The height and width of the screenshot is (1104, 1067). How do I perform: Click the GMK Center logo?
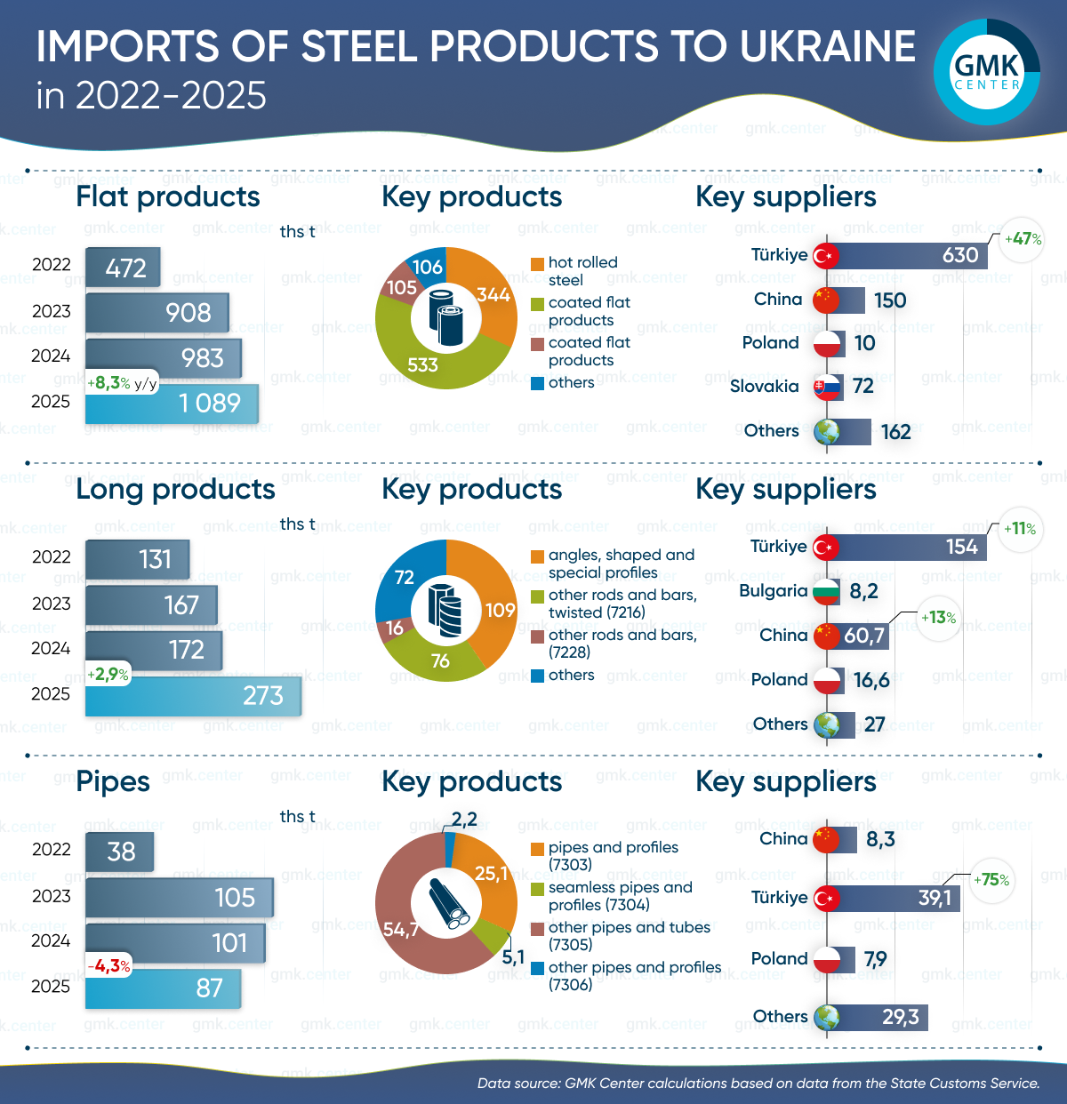[987, 71]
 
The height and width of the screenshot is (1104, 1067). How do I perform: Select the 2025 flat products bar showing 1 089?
[172, 404]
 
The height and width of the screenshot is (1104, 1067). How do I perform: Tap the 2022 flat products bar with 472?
[123, 267]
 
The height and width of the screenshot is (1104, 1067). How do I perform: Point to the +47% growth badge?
[1022, 239]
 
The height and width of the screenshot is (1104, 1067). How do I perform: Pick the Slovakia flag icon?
[828, 387]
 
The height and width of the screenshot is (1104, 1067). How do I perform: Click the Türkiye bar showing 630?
[907, 255]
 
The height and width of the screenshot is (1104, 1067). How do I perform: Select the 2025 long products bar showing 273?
[193, 696]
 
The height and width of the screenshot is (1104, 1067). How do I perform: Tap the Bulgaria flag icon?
[827, 591]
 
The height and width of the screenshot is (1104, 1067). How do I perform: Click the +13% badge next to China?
[938, 618]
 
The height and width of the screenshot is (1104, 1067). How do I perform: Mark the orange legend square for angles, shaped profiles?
[537, 556]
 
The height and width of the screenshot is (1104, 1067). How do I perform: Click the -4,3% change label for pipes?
[109, 965]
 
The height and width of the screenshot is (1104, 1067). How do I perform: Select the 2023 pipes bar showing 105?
[179, 898]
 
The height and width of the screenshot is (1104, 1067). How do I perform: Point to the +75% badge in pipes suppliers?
[991, 880]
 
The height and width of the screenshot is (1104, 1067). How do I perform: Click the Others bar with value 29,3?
[880, 1017]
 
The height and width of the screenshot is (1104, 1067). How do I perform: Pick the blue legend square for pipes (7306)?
[537, 968]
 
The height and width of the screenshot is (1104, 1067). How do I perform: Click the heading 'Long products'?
[175, 490]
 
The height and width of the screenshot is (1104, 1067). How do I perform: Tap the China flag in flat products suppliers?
[827, 300]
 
